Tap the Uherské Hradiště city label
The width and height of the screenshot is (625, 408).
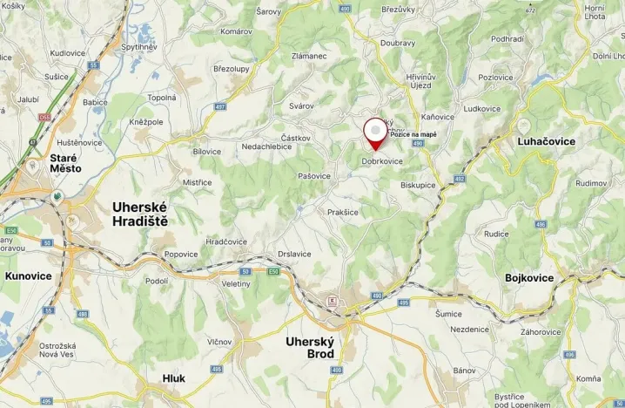(x=140, y=214)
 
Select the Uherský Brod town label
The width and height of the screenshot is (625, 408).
(x=310, y=347)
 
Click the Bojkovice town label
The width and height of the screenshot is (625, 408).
(x=528, y=277)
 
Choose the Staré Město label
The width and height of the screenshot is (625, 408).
(x=65, y=162)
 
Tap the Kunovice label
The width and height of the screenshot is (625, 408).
(x=28, y=275)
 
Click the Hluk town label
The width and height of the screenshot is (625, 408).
(x=174, y=377)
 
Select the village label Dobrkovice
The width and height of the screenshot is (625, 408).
(x=382, y=161)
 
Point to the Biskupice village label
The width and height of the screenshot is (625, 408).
(x=418, y=185)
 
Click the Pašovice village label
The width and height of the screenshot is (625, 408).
(x=314, y=175)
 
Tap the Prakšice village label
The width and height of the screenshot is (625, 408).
(x=342, y=212)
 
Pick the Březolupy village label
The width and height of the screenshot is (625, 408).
(x=232, y=68)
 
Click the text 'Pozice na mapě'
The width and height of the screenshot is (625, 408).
(x=413, y=134)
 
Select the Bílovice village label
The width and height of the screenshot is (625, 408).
(x=207, y=151)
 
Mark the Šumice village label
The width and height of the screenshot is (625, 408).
(x=448, y=313)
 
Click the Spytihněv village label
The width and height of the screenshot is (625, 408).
(x=139, y=46)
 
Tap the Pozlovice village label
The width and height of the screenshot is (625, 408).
(x=495, y=77)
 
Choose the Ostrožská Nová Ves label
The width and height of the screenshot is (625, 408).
(x=59, y=350)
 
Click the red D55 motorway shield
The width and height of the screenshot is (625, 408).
(x=44, y=116)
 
